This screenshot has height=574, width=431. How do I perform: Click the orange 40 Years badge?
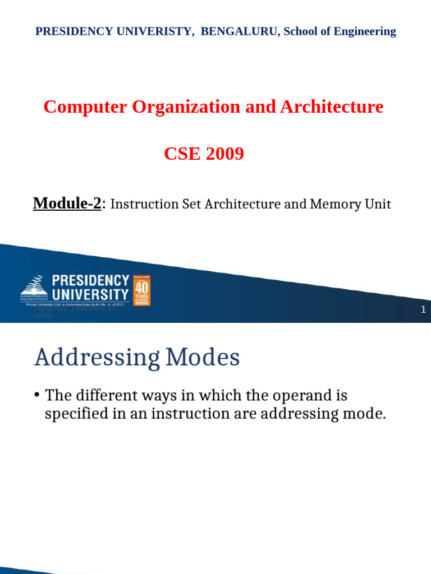tap(141, 290)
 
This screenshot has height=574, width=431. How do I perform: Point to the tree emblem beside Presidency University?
tap(35, 285)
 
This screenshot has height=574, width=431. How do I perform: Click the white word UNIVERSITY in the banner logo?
tap(90, 294)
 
